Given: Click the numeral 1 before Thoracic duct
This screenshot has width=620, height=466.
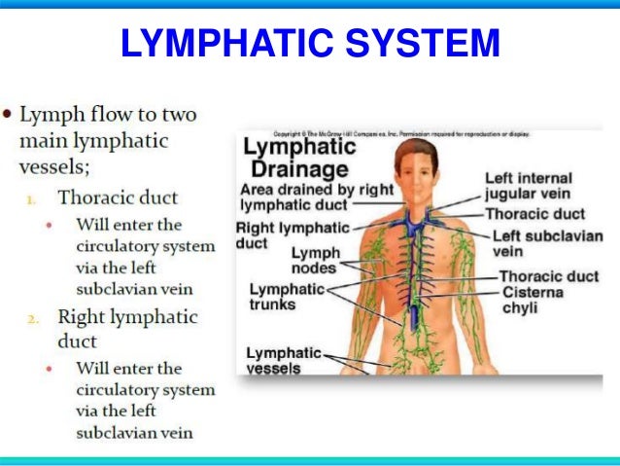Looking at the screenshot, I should point(31,199).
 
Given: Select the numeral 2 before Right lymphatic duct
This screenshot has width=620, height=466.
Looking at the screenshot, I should point(31,318).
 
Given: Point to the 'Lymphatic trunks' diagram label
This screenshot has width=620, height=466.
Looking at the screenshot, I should point(287,297).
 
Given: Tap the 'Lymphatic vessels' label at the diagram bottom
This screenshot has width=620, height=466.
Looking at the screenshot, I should point(283,360).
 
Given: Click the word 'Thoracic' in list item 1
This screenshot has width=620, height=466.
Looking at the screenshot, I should point(91,198).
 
